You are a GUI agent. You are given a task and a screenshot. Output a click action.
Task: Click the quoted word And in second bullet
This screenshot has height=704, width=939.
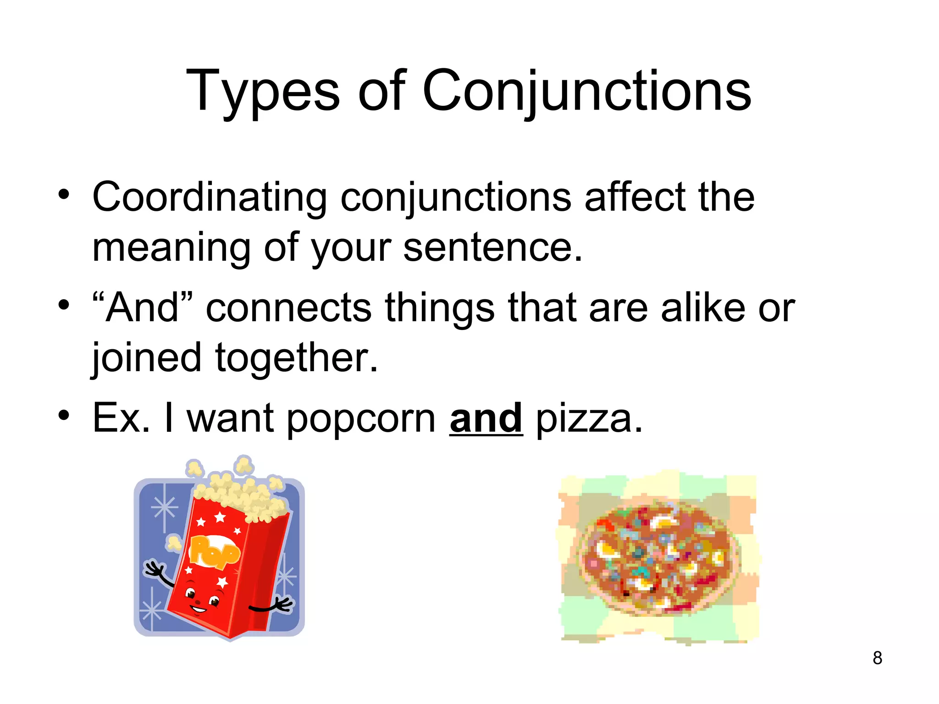[142, 308]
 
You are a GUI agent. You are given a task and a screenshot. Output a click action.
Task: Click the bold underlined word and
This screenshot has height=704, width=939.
[486, 418]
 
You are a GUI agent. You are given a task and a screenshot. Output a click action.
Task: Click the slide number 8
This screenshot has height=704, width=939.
[877, 658]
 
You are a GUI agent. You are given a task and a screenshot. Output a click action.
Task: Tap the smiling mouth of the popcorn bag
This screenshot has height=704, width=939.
[199, 609]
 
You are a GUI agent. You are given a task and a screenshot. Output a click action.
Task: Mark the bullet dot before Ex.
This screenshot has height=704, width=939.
[64, 415]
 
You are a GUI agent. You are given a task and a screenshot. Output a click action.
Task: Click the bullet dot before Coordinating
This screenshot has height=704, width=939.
[64, 194]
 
